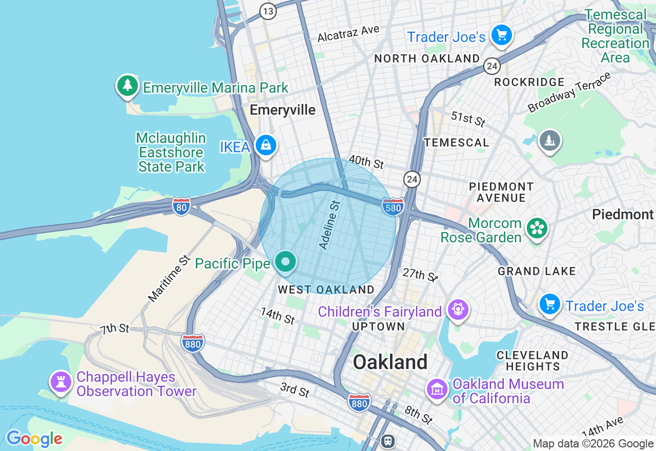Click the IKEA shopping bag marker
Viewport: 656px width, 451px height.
click(266, 146)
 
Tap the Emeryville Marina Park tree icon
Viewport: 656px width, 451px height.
click(127, 86)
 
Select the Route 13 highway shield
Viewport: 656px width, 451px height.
click(268, 11)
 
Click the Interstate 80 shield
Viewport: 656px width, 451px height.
click(181, 206)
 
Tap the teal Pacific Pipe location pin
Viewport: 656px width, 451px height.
click(285, 262)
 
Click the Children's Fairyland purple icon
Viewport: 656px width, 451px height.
click(458, 309)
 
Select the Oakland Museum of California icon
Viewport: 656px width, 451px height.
click(437, 389)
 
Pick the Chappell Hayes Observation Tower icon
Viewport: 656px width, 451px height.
click(61, 382)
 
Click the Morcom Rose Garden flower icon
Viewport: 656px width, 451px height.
click(537, 229)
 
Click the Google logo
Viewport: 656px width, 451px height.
click(34, 439)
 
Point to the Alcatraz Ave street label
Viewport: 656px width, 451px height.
click(348, 34)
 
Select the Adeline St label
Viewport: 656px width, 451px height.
click(330, 225)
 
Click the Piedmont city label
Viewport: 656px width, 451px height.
click(623, 214)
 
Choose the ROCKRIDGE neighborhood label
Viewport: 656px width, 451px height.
click(529, 82)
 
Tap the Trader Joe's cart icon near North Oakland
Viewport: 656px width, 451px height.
click(501, 35)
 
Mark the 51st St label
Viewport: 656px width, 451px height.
click(468, 119)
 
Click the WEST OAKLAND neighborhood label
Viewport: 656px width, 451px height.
click(326, 290)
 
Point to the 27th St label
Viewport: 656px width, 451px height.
click(420, 275)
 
